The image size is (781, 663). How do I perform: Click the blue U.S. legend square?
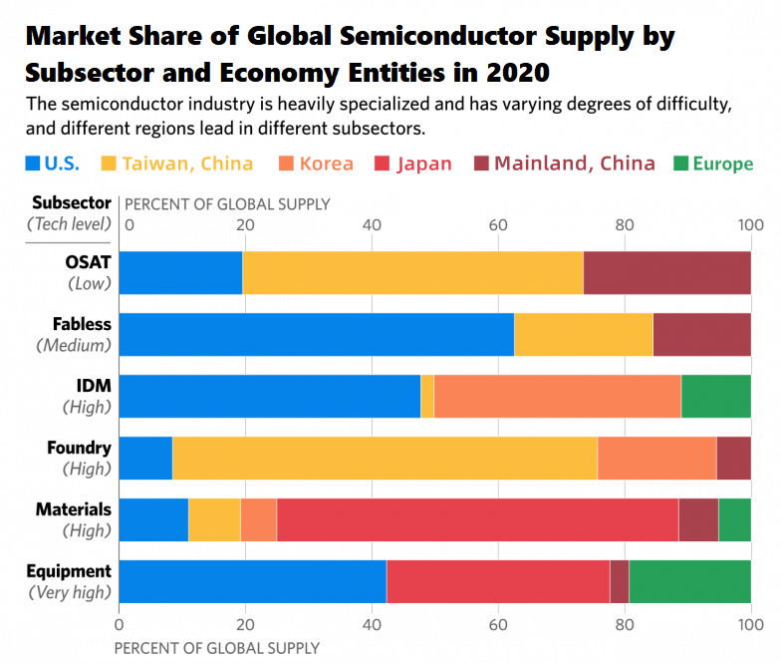coord(32,164)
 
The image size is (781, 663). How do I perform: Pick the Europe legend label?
coord(722,164)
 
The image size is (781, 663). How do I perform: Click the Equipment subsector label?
coord(70,571)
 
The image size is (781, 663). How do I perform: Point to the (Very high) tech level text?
coord(69,592)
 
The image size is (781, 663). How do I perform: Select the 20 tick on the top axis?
coord(244,224)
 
